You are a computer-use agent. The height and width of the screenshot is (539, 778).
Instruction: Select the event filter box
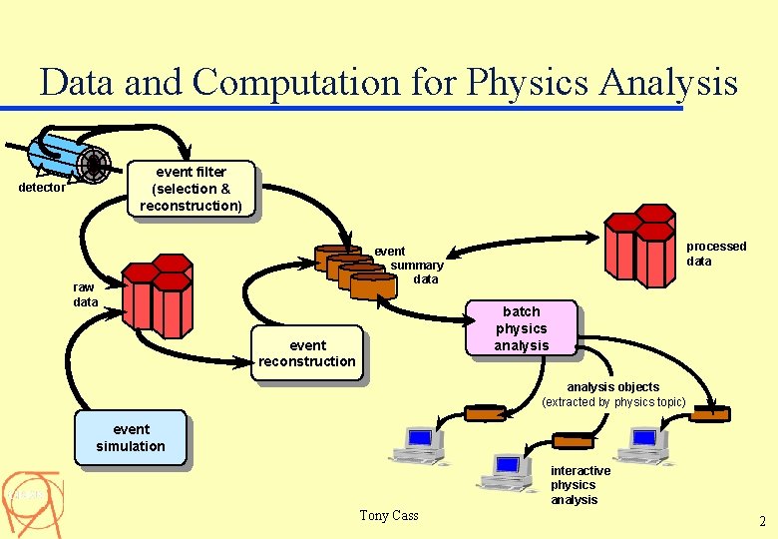(x=191, y=189)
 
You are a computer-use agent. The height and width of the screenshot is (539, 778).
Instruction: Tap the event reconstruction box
(x=306, y=353)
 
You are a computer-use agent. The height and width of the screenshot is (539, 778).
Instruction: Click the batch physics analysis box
(x=522, y=328)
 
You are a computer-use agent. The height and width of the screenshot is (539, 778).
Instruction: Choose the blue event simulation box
(x=131, y=437)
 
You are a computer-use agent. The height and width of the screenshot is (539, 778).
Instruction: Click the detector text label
(x=43, y=188)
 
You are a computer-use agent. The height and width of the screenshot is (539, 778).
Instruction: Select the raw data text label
(x=86, y=294)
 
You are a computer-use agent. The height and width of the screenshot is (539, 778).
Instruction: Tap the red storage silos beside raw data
(x=157, y=294)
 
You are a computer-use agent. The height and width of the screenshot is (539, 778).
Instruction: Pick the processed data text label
(x=715, y=254)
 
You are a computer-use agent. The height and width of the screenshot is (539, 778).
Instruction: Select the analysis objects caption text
(x=613, y=394)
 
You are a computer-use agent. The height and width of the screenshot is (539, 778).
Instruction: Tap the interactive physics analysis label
(x=580, y=485)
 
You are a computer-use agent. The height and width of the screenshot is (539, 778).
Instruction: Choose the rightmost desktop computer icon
(x=644, y=445)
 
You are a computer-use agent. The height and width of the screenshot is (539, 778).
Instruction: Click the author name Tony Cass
(x=389, y=515)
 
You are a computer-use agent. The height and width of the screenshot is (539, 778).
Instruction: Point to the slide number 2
(x=762, y=521)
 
